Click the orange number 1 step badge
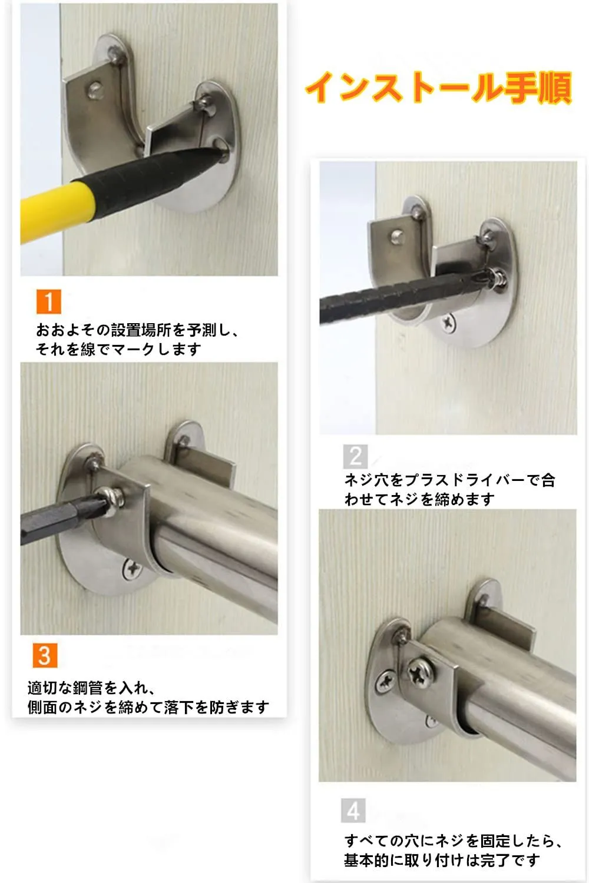(48, 301)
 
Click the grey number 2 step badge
(355, 456)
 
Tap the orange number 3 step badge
(45, 656)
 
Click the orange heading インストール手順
(439, 88)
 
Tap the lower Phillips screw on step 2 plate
(449, 323)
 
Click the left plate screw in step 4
(385, 682)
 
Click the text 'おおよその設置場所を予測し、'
(137, 330)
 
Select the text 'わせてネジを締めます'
(419, 499)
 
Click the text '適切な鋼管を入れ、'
(91, 688)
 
